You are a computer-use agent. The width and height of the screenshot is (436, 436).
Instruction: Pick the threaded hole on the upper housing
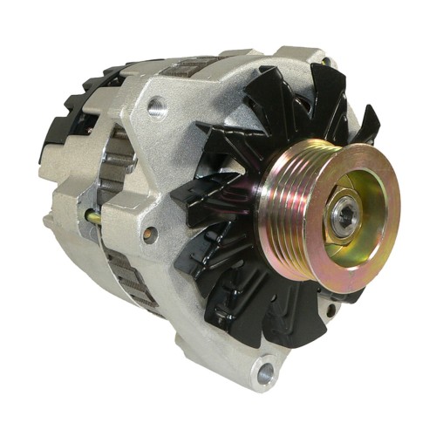pyautogui.click(x=157, y=108)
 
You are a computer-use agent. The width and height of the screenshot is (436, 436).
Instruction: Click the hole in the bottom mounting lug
pyautogui.click(x=262, y=373)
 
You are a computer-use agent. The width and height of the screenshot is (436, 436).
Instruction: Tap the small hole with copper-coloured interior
pyautogui.click(x=150, y=234)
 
